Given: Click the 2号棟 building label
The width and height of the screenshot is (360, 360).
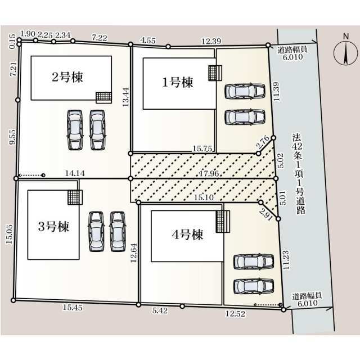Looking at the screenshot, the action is click(x=67, y=77).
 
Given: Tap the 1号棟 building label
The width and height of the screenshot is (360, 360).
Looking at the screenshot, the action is click(x=178, y=83).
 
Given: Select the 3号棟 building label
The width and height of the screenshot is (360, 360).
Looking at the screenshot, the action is click(x=53, y=227).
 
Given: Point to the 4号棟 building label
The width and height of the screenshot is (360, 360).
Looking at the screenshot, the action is click(x=187, y=235).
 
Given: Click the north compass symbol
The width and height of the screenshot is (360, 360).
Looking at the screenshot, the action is click(x=345, y=52).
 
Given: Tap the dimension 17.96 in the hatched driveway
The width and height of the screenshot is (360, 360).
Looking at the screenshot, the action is click(x=209, y=173).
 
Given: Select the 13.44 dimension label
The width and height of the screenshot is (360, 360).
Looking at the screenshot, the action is click(x=125, y=97).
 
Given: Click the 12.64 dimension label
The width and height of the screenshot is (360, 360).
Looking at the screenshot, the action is click(x=133, y=253).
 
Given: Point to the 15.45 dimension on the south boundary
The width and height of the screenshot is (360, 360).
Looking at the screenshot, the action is click(x=73, y=308).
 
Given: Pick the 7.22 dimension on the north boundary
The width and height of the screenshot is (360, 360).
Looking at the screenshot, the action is click(x=100, y=38).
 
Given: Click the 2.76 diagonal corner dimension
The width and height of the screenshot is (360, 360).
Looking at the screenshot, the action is click(x=263, y=142).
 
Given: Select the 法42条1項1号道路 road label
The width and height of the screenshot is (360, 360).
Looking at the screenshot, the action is click(x=298, y=174).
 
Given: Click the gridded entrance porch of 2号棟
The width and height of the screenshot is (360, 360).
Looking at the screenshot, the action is click(x=103, y=98).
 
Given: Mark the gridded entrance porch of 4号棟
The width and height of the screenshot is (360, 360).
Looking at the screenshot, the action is click(x=223, y=222).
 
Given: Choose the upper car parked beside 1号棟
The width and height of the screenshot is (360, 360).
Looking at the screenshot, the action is click(x=245, y=92).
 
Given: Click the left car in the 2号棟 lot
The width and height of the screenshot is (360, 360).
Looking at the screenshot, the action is click(x=75, y=130).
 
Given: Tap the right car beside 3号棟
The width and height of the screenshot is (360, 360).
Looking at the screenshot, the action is click(x=118, y=231).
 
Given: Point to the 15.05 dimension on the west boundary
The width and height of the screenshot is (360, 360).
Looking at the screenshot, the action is click(x=10, y=234).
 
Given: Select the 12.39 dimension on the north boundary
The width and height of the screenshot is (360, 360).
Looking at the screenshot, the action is click(x=211, y=41).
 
